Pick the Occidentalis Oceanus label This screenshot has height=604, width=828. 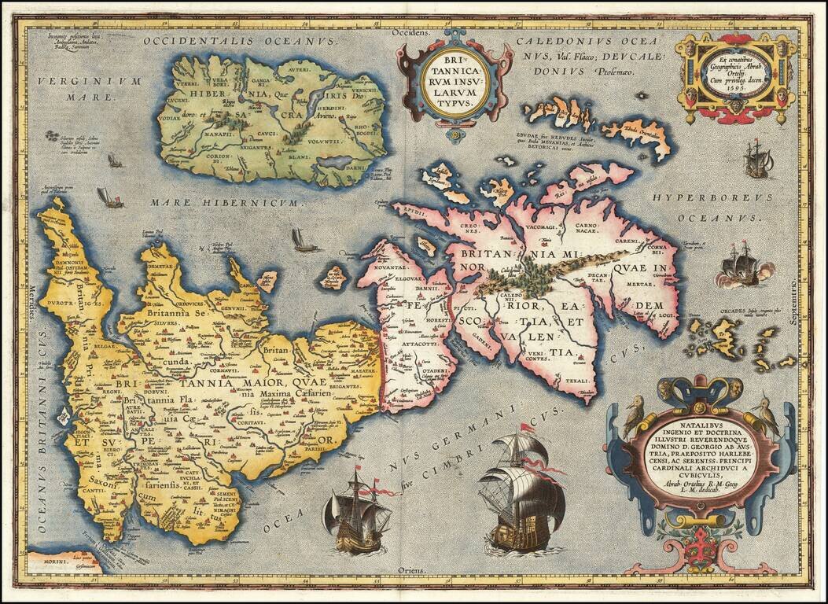241,40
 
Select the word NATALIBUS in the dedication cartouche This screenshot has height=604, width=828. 695,431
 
